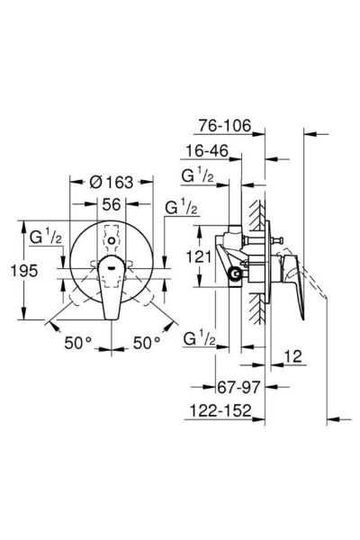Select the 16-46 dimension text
coord(207,151)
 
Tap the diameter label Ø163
coord(111,182)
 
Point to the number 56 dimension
coord(112,204)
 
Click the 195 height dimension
coord(24,271)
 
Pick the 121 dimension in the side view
coord(198,256)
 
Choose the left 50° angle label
coord(78,343)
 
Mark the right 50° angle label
coord(147,343)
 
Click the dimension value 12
coord(292,356)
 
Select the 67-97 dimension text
coord(238,387)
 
